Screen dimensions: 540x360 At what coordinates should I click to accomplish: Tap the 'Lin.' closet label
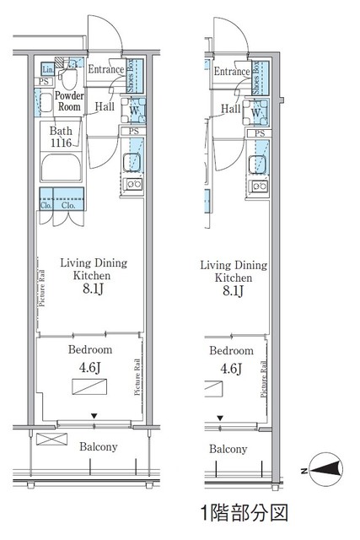pos(48,68)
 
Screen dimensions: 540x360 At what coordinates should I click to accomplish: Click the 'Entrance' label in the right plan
pos(231,73)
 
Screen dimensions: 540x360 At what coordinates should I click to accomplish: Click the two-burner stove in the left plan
pos(132,185)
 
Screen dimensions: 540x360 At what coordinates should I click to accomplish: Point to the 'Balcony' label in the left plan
pos(99,447)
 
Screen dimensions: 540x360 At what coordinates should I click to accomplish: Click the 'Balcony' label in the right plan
pos(228,450)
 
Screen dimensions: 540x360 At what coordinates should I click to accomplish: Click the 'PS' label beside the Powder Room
pos(43,82)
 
